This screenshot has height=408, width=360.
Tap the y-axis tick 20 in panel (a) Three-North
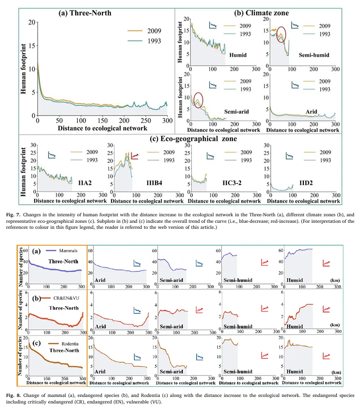(x=32, y=23)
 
